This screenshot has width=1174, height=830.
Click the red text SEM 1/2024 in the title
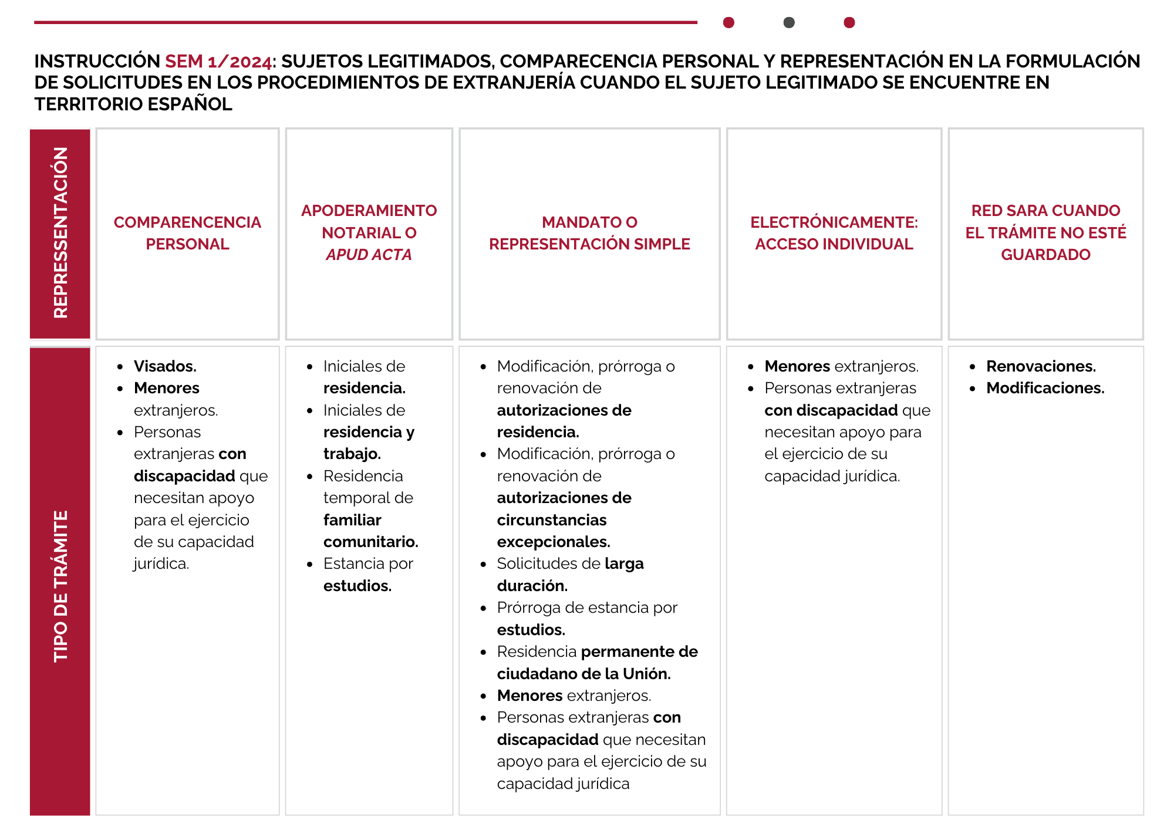pos(218,61)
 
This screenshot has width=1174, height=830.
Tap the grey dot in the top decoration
pos(789,22)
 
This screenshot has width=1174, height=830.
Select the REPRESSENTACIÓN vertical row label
pos(60,233)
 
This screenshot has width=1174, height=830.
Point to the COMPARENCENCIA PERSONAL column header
pos(187,233)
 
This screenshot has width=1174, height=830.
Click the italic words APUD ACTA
pos(369,255)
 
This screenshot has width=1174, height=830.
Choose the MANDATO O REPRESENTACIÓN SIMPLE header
pos(589,233)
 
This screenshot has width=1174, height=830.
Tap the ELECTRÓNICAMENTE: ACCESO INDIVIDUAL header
pos(834,233)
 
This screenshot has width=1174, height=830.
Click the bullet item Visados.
pos(165,366)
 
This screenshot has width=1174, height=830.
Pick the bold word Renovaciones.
pos(1041,366)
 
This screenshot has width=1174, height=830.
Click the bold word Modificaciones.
pos(1045,388)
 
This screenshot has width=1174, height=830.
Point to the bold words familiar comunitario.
pos(370,531)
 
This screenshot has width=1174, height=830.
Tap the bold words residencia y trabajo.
pos(369,443)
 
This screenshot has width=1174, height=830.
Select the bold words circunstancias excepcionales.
pos(553,531)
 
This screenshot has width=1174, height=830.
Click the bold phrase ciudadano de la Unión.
pos(583,674)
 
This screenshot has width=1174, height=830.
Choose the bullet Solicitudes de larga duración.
pos(569,574)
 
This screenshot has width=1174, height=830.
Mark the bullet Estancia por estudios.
pos(368,574)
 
